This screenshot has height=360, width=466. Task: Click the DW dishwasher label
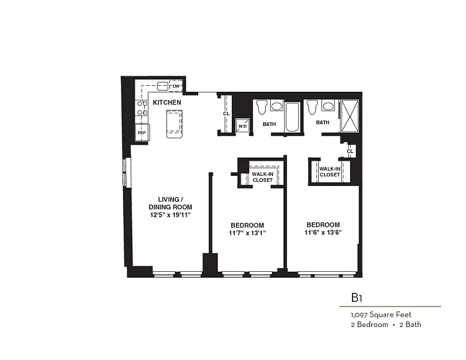tap(176, 86)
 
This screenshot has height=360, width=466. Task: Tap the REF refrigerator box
tap(142, 133)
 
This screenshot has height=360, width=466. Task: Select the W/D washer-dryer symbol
tap(243, 125)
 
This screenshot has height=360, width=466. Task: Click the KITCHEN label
tap(167, 103)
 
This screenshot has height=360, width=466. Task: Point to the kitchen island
tap(174, 124)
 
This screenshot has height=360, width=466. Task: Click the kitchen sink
tap(163, 86)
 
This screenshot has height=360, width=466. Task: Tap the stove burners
tap(142, 108)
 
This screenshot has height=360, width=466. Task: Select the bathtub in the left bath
tap(292, 117)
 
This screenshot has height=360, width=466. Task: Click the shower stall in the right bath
tap(349, 116)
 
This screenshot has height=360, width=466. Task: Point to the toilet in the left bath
tap(262, 107)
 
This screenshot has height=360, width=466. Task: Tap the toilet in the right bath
tap(312, 107)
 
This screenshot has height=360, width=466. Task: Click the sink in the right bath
tap(328, 106)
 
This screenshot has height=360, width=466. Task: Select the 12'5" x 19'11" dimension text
tap(170, 215)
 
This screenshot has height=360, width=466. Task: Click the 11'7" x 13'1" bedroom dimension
tap(247, 233)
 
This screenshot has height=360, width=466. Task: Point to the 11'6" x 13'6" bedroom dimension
tap(322, 232)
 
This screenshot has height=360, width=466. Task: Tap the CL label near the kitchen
tap(226, 114)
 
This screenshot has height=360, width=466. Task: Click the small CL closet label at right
tap(350, 151)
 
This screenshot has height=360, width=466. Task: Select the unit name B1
tap(356, 298)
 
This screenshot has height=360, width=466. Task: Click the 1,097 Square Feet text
tap(381, 314)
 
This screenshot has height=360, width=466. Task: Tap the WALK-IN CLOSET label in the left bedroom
tap(262, 177)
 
